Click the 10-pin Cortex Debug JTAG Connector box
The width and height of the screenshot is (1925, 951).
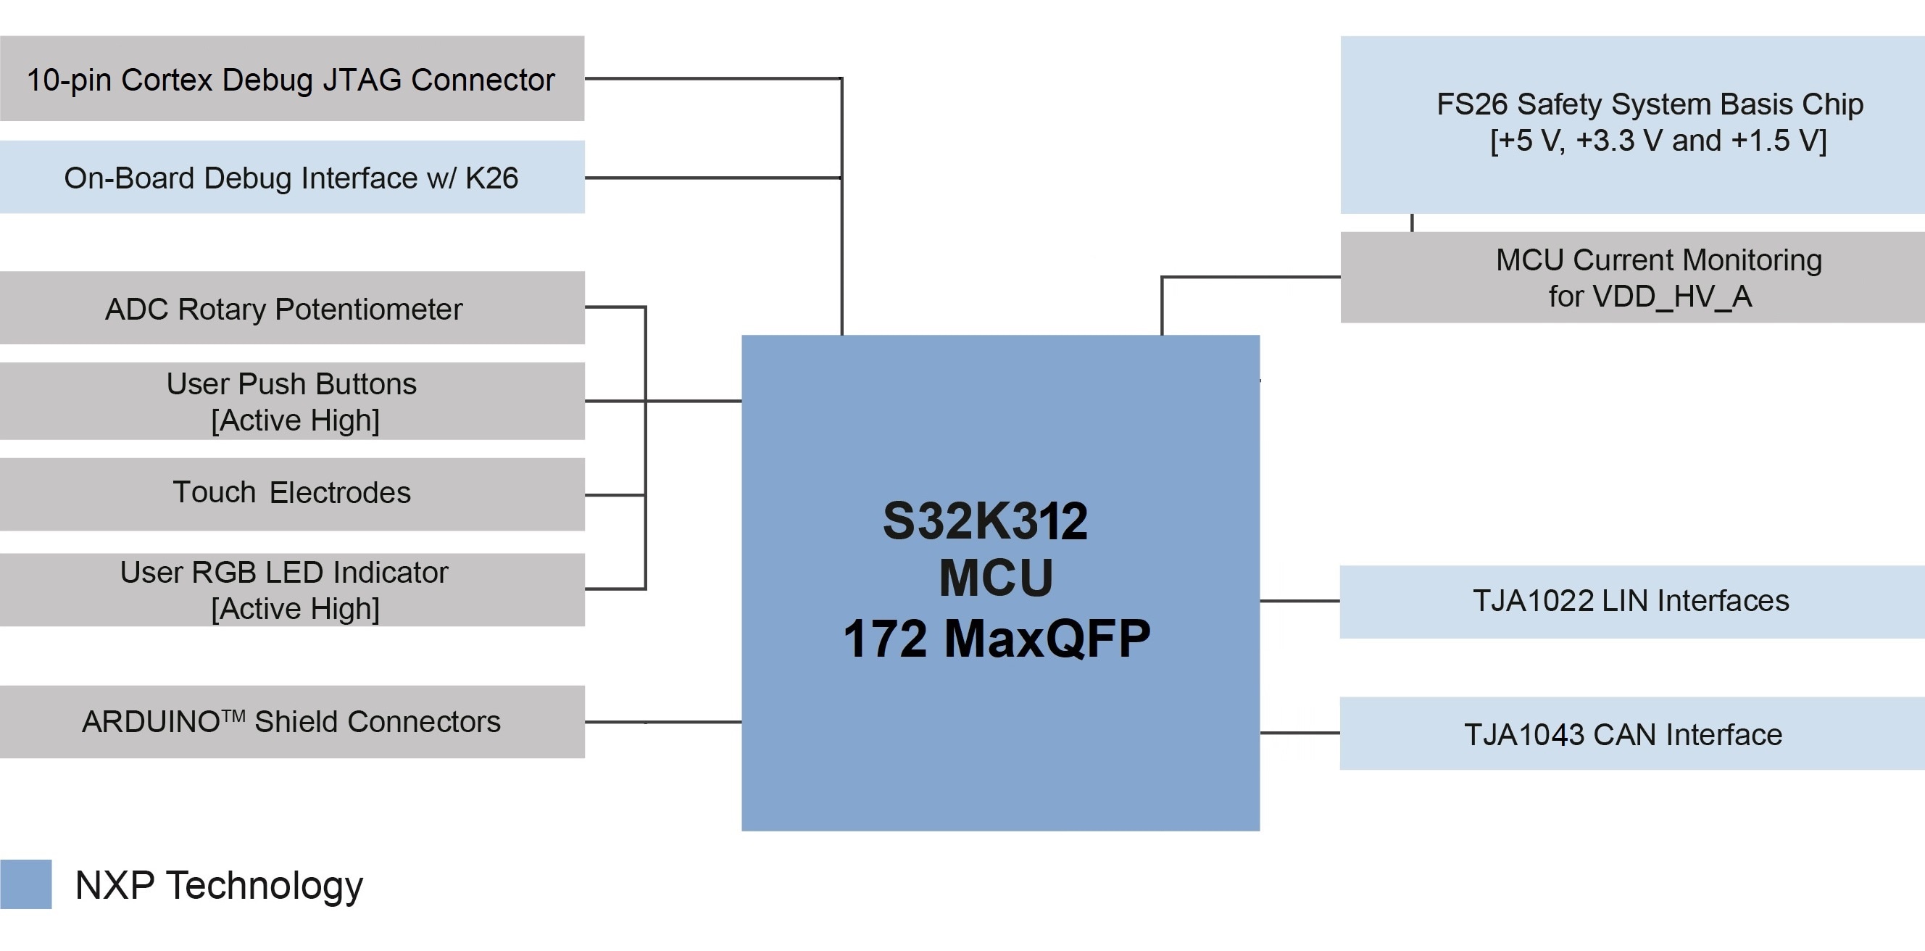[291, 78]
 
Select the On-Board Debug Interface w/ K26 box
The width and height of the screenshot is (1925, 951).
[291, 177]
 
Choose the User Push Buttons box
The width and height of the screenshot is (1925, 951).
[291, 402]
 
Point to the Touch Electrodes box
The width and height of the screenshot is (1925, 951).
[291, 494]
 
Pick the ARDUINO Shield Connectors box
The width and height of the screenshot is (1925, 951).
[291, 722]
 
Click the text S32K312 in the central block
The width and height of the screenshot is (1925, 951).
[985, 521]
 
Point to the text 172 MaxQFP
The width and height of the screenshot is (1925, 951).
[996, 639]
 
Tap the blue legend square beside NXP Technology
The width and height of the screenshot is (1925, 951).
[26, 884]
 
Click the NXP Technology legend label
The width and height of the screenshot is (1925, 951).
[219, 885]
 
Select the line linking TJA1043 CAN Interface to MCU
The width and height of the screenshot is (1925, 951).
[1300, 733]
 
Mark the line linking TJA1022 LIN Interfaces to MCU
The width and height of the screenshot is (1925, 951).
[1300, 600]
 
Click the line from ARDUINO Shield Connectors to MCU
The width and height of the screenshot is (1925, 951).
[663, 721]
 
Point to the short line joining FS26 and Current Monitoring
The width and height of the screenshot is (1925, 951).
[1412, 223]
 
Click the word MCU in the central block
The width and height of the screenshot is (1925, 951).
[996, 578]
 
